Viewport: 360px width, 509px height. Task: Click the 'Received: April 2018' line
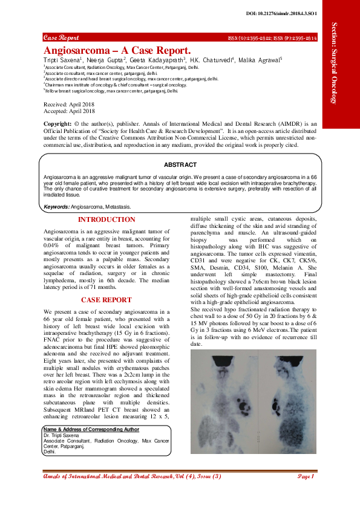pyautogui.click(x=70, y=105)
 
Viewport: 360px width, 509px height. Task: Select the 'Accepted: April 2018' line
pyautogui.click(x=70, y=111)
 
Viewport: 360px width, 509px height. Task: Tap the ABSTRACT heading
pyautogui.click(x=180, y=165)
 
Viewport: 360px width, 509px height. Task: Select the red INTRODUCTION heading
pyautogui.click(x=106, y=220)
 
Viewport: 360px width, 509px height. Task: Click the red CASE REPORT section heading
pyautogui.click(x=106, y=299)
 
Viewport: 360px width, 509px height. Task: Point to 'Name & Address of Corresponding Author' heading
pyautogui.click(x=91, y=430)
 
